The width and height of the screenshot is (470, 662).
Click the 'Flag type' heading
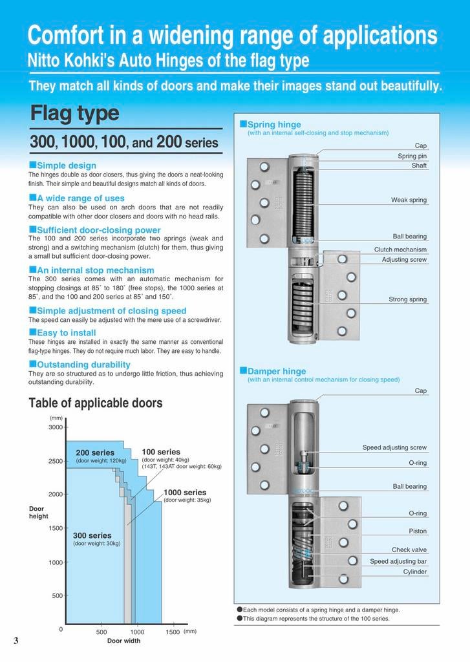pos(74,114)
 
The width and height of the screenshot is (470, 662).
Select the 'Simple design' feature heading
pos(67,165)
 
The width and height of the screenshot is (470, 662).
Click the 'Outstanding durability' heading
pos(80,365)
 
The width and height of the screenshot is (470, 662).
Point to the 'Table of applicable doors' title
pos(96,403)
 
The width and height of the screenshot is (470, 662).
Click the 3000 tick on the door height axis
pos(56,427)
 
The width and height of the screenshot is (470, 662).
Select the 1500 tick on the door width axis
pos(173,632)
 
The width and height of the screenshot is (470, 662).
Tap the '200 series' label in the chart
pos(95,453)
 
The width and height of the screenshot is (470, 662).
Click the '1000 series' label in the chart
pos(185,492)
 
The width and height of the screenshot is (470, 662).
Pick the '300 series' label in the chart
pos(92,535)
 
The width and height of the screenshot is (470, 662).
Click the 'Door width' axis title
pos(123,641)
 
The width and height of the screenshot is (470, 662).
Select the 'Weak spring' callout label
pos(409,200)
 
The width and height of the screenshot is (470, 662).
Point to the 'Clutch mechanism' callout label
pos(400,250)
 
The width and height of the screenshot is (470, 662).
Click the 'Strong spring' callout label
pos(407,299)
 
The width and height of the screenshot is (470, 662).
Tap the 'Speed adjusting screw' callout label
pos(394,447)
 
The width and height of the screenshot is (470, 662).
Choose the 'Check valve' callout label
pos(409,550)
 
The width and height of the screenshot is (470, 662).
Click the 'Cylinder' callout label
pos(414,571)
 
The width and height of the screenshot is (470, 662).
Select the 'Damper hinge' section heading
pos(277,371)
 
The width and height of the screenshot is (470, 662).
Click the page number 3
pos(16,640)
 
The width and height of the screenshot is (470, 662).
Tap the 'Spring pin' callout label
pos(412,156)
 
